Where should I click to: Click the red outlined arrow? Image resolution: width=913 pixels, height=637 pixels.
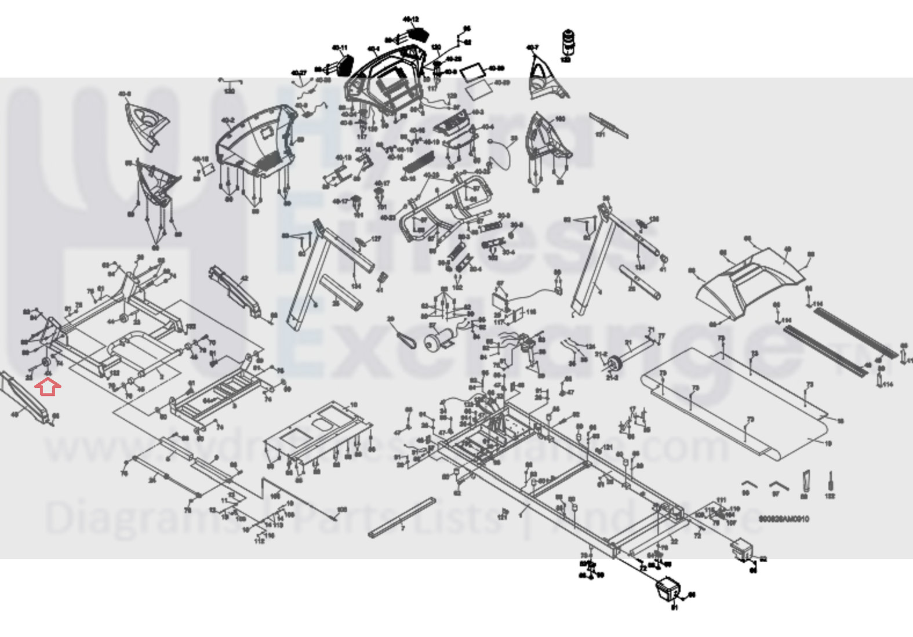(48, 387)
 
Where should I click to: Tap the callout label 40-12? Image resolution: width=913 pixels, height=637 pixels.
(410, 20)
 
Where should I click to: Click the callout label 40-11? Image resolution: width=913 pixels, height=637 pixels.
(339, 48)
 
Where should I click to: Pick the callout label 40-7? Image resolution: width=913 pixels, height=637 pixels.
(532, 48)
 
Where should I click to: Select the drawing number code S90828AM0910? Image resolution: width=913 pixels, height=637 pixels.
(784, 519)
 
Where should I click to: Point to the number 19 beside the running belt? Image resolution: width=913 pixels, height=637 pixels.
(828, 444)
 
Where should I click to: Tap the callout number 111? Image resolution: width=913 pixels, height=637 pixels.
(721, 500)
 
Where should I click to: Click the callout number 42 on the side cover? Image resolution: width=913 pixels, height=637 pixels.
(244, 279)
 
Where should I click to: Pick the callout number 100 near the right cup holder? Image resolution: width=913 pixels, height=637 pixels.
(560, 119)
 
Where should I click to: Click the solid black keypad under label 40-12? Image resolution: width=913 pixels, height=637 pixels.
(417, 34)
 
